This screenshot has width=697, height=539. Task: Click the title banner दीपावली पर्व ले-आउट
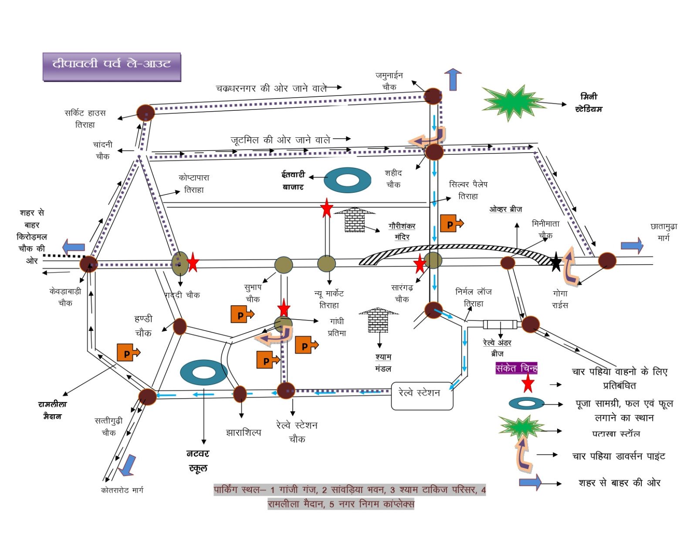[112, 66]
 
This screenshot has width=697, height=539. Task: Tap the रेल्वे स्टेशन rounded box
[422, 396]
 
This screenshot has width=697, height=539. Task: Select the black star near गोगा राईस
[555, 262]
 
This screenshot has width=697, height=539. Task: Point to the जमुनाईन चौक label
[389, 81]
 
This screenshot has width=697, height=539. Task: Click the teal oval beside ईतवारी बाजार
[347, 180]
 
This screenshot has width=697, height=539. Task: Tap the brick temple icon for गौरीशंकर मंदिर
[355, 219]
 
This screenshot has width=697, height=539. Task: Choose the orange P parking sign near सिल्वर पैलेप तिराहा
[451, 223]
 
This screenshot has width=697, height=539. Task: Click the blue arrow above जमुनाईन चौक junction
[453, 79]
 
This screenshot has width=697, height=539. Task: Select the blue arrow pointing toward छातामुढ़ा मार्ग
[632, 246]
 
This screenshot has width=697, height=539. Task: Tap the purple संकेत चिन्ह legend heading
[516, 368]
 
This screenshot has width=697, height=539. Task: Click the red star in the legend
[528, 383]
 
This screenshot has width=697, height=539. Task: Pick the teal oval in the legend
[526, 403]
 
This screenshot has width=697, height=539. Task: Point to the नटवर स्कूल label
[198, 461]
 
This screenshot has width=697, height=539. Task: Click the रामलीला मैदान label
[52, 410]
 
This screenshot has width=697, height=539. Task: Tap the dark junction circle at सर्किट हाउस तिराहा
[145, 113]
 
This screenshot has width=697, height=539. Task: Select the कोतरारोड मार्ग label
[122, 490]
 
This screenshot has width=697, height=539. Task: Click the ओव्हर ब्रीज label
[505, 209]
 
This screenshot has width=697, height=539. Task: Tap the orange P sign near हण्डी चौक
[128, 352]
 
